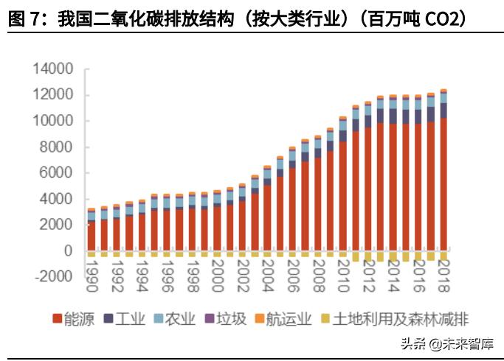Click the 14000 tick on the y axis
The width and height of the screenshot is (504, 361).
click(53, 69)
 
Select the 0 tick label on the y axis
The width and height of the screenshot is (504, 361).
click(69, 251)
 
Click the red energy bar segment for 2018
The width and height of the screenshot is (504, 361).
click(443, 184)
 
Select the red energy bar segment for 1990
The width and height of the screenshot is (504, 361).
click(92, 236)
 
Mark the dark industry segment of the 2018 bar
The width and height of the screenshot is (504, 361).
click(443, 110)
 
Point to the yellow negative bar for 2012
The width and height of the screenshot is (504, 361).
click(367, 256)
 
